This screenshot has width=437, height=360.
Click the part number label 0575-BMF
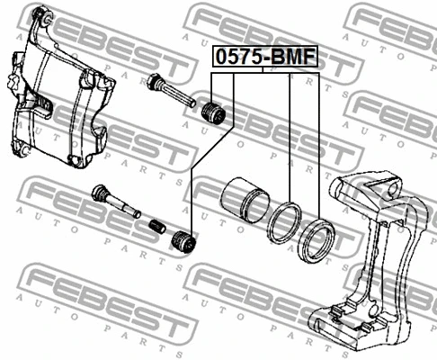point(265,57)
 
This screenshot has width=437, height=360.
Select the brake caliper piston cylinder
point(245,200)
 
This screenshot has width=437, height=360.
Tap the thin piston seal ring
point(284,222)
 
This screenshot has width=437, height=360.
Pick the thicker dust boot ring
point(317,241)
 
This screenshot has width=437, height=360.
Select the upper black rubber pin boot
point(213,113)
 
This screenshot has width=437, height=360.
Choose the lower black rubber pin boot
point(183,242)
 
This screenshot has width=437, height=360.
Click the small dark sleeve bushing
point(157,227)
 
